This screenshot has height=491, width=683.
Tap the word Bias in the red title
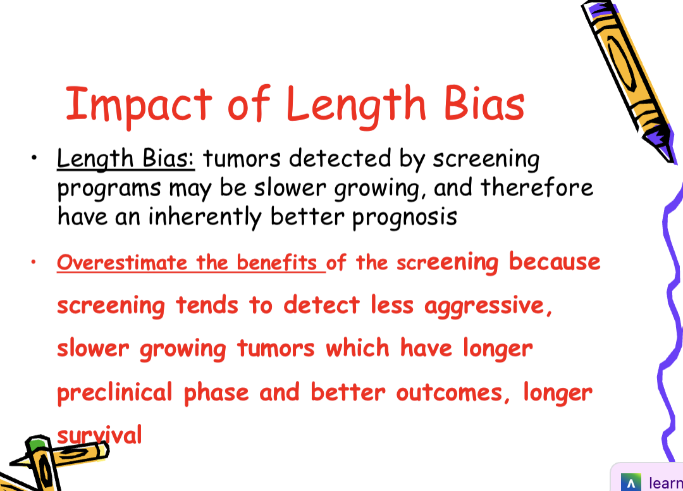[484, 103]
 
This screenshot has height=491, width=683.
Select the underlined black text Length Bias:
[126, 159]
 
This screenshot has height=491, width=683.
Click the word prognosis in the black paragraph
[405, 218]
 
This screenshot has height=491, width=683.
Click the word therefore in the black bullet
[537, 188]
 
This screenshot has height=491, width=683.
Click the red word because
[555, 261]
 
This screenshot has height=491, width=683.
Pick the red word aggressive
[484, 306]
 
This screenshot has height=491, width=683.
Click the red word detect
[321, 305]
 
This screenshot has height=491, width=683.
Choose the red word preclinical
[114, 392]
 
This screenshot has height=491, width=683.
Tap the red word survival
[100, 435]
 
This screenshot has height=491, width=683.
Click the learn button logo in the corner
[630, 483]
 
